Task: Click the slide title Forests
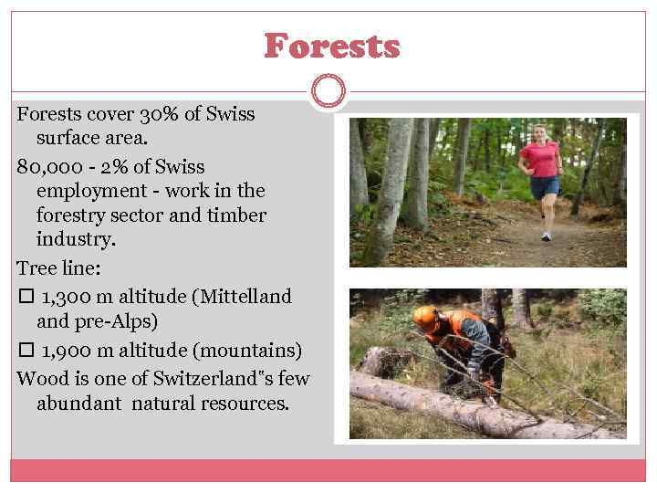[x=331, y=46]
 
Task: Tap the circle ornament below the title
[x=328, y=90]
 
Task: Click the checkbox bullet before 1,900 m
[x=25, y=351]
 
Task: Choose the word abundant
[x=79, y=403]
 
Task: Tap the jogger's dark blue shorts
[x=546, y=187]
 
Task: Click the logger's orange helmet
[x=424, y=316]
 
